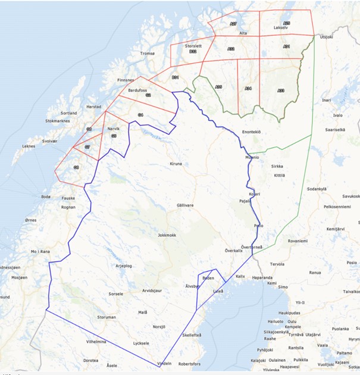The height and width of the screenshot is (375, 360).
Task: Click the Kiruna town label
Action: tap(176, 163)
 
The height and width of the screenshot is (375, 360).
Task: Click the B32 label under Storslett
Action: tap(193, 51)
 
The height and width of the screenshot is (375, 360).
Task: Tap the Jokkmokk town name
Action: tap(167, 235)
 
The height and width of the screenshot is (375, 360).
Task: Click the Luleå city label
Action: tap(218, 290)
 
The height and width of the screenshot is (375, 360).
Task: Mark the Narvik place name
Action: tap(113, 129)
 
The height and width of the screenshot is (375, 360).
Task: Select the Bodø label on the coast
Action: tap(46, 196)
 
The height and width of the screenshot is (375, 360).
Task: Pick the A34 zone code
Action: tap(248, 89)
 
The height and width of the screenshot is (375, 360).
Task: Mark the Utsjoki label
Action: tap(327, 37)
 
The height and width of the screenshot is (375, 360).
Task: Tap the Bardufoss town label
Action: tap(138, 90)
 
